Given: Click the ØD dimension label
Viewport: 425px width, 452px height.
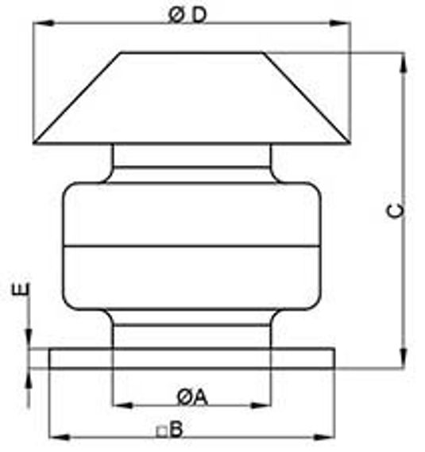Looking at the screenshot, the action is (x=187, y=15).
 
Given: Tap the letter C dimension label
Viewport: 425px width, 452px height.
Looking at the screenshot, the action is (x=396, y=211).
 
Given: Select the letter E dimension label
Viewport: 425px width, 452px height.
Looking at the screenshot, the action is (x=21, y=289).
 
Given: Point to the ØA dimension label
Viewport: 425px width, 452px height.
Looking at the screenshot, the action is (x=192, y=397).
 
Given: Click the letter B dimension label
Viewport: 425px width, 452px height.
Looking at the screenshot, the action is (x=176, y=429).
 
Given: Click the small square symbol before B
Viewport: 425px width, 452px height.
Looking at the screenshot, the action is (x=162, y=432).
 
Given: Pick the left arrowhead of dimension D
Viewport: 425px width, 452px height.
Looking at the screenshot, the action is (x=44, y=23).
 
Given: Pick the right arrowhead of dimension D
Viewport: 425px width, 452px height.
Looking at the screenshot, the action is (x=340, y=23).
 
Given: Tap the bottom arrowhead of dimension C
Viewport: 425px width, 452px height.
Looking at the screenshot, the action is (x=404, y=358).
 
